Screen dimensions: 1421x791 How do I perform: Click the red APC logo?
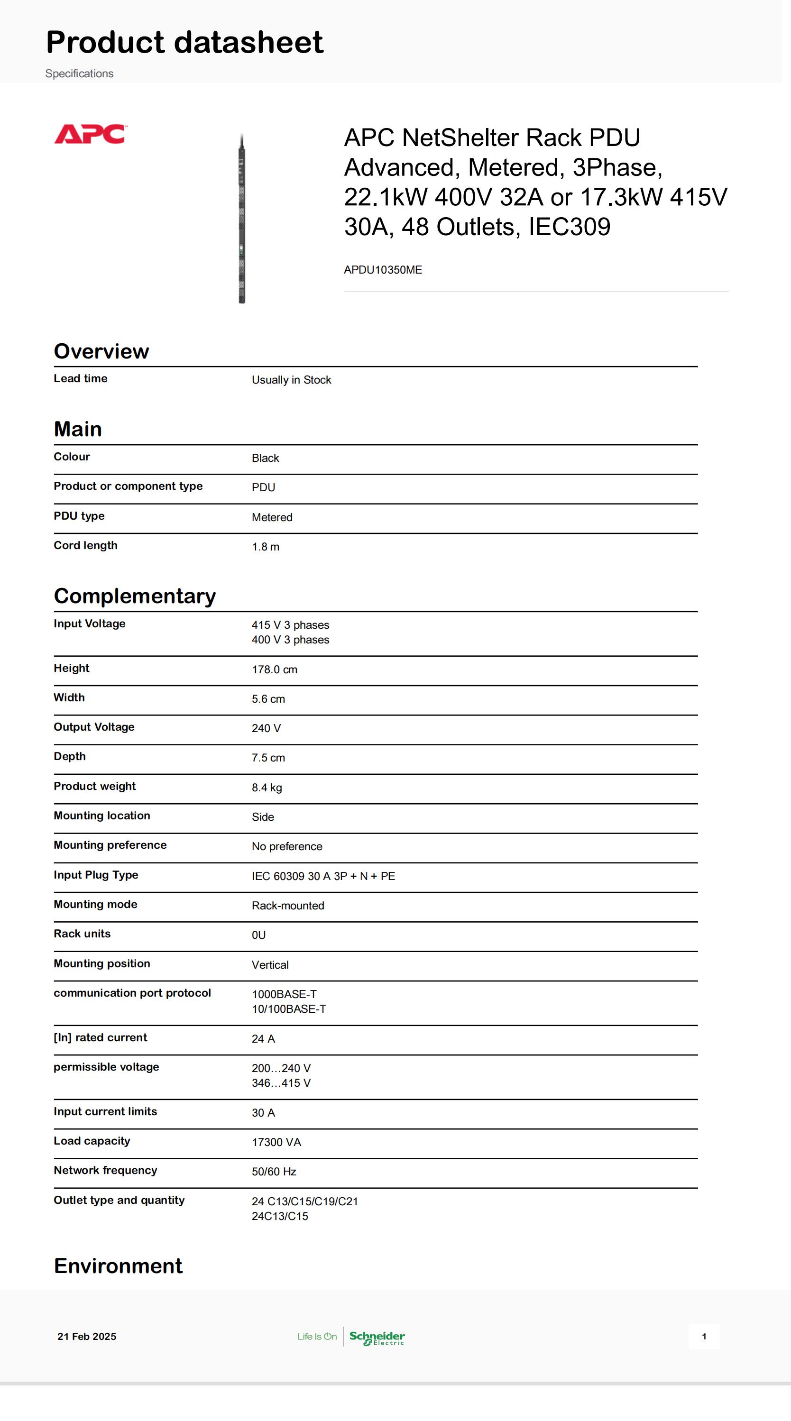pos(91,134)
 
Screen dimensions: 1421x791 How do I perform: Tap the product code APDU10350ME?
pos(383,270)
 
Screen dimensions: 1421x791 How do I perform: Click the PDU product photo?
pos(241,219)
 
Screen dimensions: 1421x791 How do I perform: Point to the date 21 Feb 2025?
pos(87,1336)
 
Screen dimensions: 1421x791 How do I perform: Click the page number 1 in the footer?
pos(704,1336)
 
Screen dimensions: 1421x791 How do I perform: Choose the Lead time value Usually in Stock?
pos(291,380)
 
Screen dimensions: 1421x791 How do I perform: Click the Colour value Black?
pos(265,458)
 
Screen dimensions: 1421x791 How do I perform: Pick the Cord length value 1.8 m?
pos(265,547)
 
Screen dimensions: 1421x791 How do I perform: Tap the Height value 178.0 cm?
pos(274,669)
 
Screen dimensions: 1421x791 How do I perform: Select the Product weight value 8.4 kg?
pos(267,788)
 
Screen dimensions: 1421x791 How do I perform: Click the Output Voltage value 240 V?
pos(266,728)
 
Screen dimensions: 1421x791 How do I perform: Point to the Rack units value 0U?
pos(259,935)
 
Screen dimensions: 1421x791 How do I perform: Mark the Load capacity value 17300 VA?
pos(276,1142)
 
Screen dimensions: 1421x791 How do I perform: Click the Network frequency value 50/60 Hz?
pos(274,1172)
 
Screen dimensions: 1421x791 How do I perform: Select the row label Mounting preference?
pos(110,845)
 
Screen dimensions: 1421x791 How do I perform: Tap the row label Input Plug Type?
pos(95,875)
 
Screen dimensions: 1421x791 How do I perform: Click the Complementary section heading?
pos(135,596)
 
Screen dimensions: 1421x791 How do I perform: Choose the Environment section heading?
pos(118,1265)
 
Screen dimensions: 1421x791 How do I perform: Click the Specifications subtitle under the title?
pos(79,73)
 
